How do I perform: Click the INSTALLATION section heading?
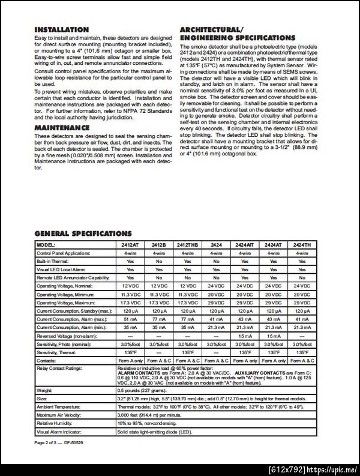point(61,29)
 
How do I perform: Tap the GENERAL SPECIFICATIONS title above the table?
point(83,233)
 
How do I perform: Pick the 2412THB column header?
point(187,246)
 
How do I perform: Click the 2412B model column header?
point(158,246)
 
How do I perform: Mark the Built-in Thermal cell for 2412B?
point(158,262)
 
